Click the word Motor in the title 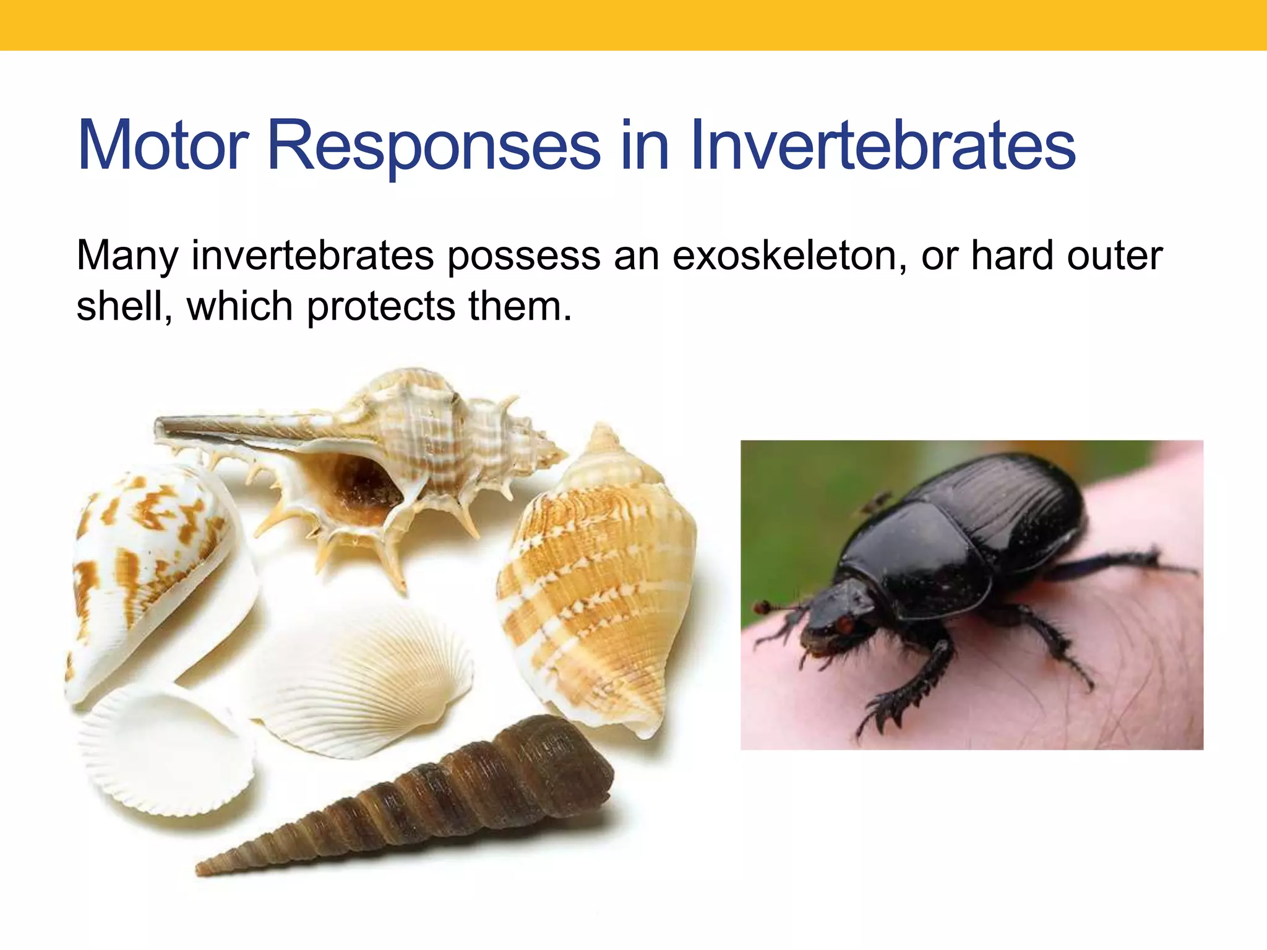[x=163, y=145]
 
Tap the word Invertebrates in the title [x=883, y=145]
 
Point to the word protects [x=380, y=307]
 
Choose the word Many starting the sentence [x=127, y=257]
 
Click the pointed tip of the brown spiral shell [x=201, y=871]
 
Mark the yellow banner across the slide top [x=633, y=25]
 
